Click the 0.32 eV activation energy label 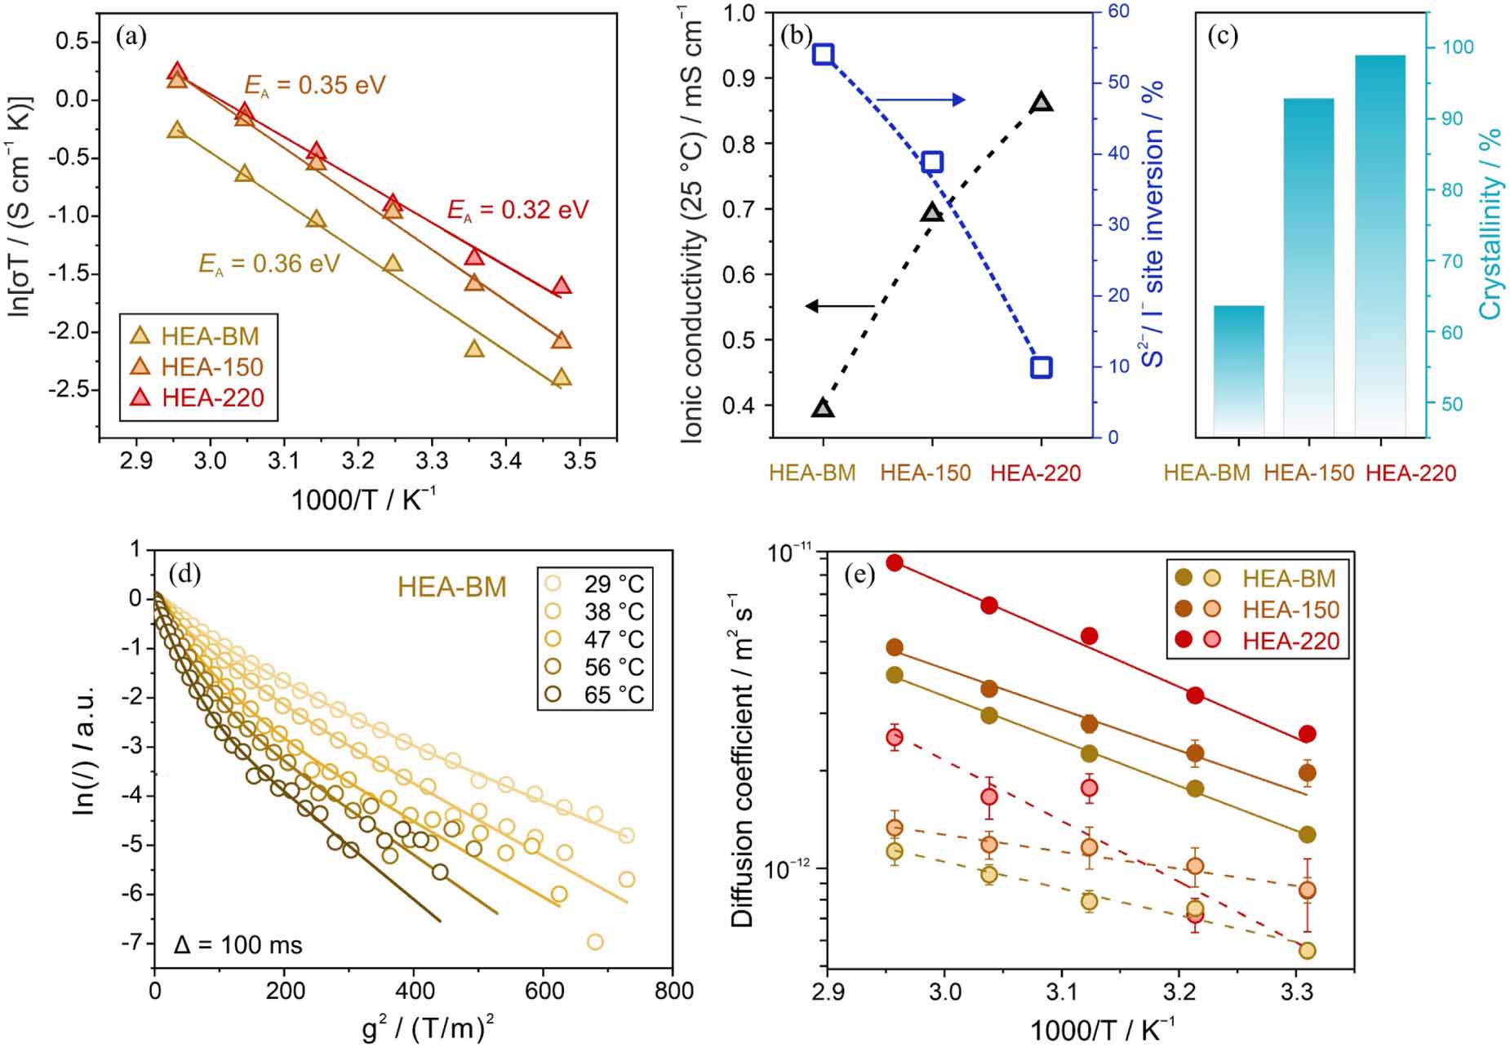click(517, 210)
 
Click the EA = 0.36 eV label click(269, 264)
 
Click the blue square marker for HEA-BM click(823, 55)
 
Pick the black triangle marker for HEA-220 click(1041, 103)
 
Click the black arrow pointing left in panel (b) click(841, 306)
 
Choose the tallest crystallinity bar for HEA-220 click(1379, 245)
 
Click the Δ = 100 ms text click(238, 945)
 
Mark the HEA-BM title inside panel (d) click(452, 588)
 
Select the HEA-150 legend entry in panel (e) click(1290, 610)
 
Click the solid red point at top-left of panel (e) click(895, 562)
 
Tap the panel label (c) click(1222, 37)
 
